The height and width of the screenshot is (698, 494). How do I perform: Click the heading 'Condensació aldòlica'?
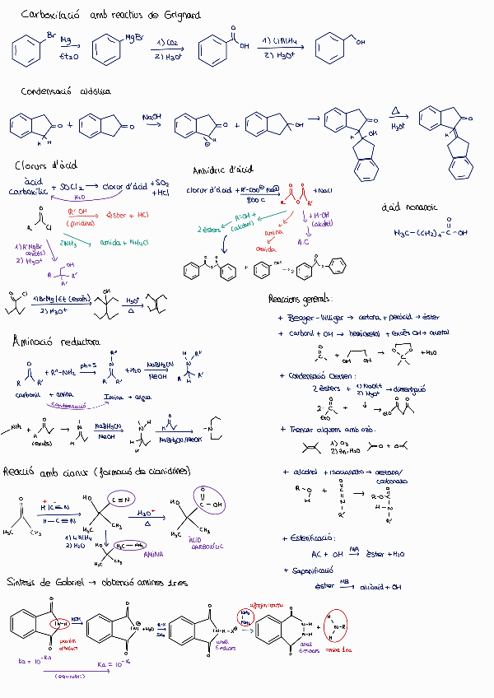66,91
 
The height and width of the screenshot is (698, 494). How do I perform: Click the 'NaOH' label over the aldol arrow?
152,117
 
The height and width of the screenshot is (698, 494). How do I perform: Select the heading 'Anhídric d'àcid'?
222,170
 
